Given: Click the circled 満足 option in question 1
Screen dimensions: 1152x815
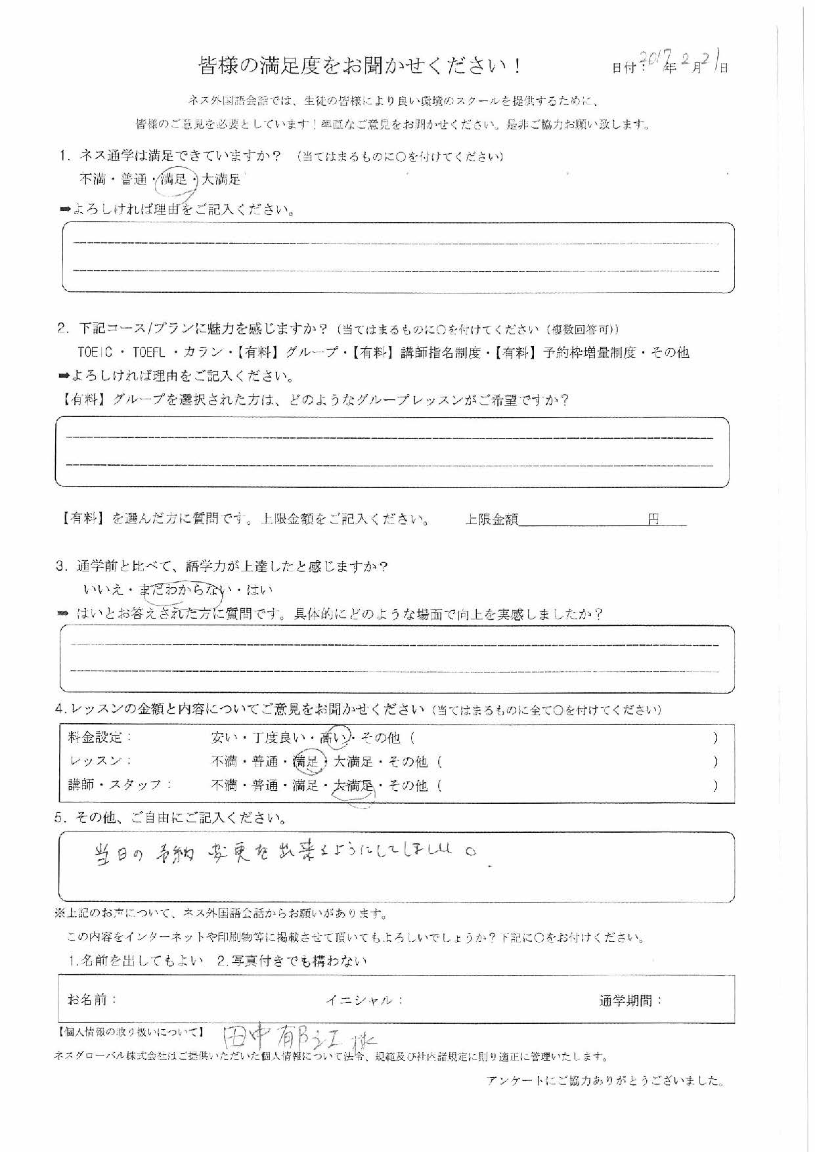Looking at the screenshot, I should (x=174, y=179).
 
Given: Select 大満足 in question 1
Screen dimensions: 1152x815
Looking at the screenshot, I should (x=221, y=179).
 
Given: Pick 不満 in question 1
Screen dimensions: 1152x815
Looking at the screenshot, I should (x=93, y=179).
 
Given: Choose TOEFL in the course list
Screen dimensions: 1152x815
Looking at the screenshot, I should (x=149, y=352).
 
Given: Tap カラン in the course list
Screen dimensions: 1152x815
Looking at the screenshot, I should (x=204, y=352).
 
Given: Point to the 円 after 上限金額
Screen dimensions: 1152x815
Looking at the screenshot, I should (x=653, y=520).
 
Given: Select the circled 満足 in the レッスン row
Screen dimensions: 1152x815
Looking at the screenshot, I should (x=306, y=762).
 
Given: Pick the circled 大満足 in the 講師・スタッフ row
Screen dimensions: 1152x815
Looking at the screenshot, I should (x=353, y=786).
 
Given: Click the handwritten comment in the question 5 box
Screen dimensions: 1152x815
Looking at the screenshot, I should (x=282, y=855).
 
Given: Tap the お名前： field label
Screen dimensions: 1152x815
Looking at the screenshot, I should (x=92, y=1000).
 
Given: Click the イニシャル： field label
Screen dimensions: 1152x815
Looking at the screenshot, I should (x=364, y=1000).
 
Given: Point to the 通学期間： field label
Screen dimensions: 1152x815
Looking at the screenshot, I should (x=630, y=1001).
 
